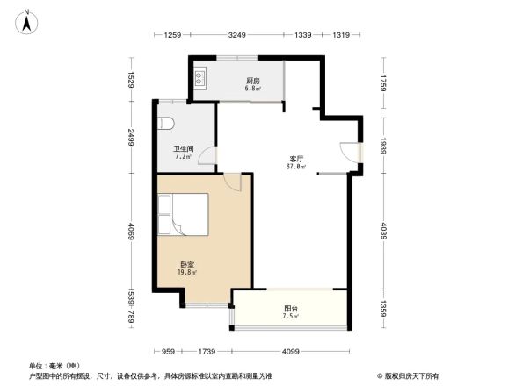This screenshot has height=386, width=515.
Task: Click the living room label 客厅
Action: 296,158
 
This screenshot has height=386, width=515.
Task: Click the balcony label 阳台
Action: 290,308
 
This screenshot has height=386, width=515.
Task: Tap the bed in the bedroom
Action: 183,215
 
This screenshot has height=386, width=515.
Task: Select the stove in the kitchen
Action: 199,79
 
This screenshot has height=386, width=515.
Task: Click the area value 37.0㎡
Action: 296,166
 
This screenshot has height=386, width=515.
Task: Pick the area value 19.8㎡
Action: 188,272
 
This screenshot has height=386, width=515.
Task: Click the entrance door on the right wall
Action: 355,151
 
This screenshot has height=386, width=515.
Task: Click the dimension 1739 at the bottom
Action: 207,352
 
